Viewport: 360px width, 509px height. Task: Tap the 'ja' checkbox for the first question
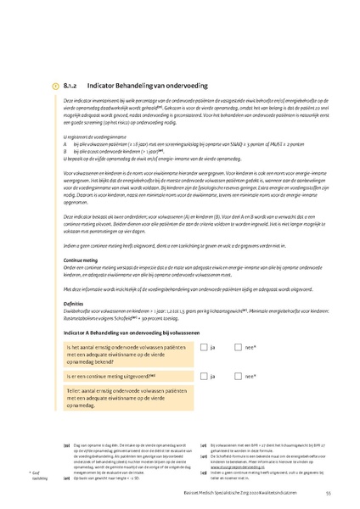click(x=204, y=347)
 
